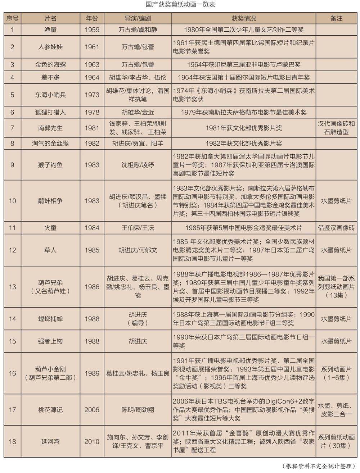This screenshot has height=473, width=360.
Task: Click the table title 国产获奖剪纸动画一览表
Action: pos(180,5)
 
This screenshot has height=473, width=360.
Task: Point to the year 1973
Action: pos(92,95)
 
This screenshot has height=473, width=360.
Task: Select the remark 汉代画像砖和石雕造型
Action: pos(336,128)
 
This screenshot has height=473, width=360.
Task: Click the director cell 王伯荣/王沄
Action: pos(138,228)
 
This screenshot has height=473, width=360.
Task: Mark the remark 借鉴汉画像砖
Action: pos(336,228)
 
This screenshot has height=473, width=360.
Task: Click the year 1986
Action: pos(92,287)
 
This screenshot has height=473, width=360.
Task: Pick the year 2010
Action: pos(92,441)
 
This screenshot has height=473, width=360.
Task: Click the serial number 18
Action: pos(13,441)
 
